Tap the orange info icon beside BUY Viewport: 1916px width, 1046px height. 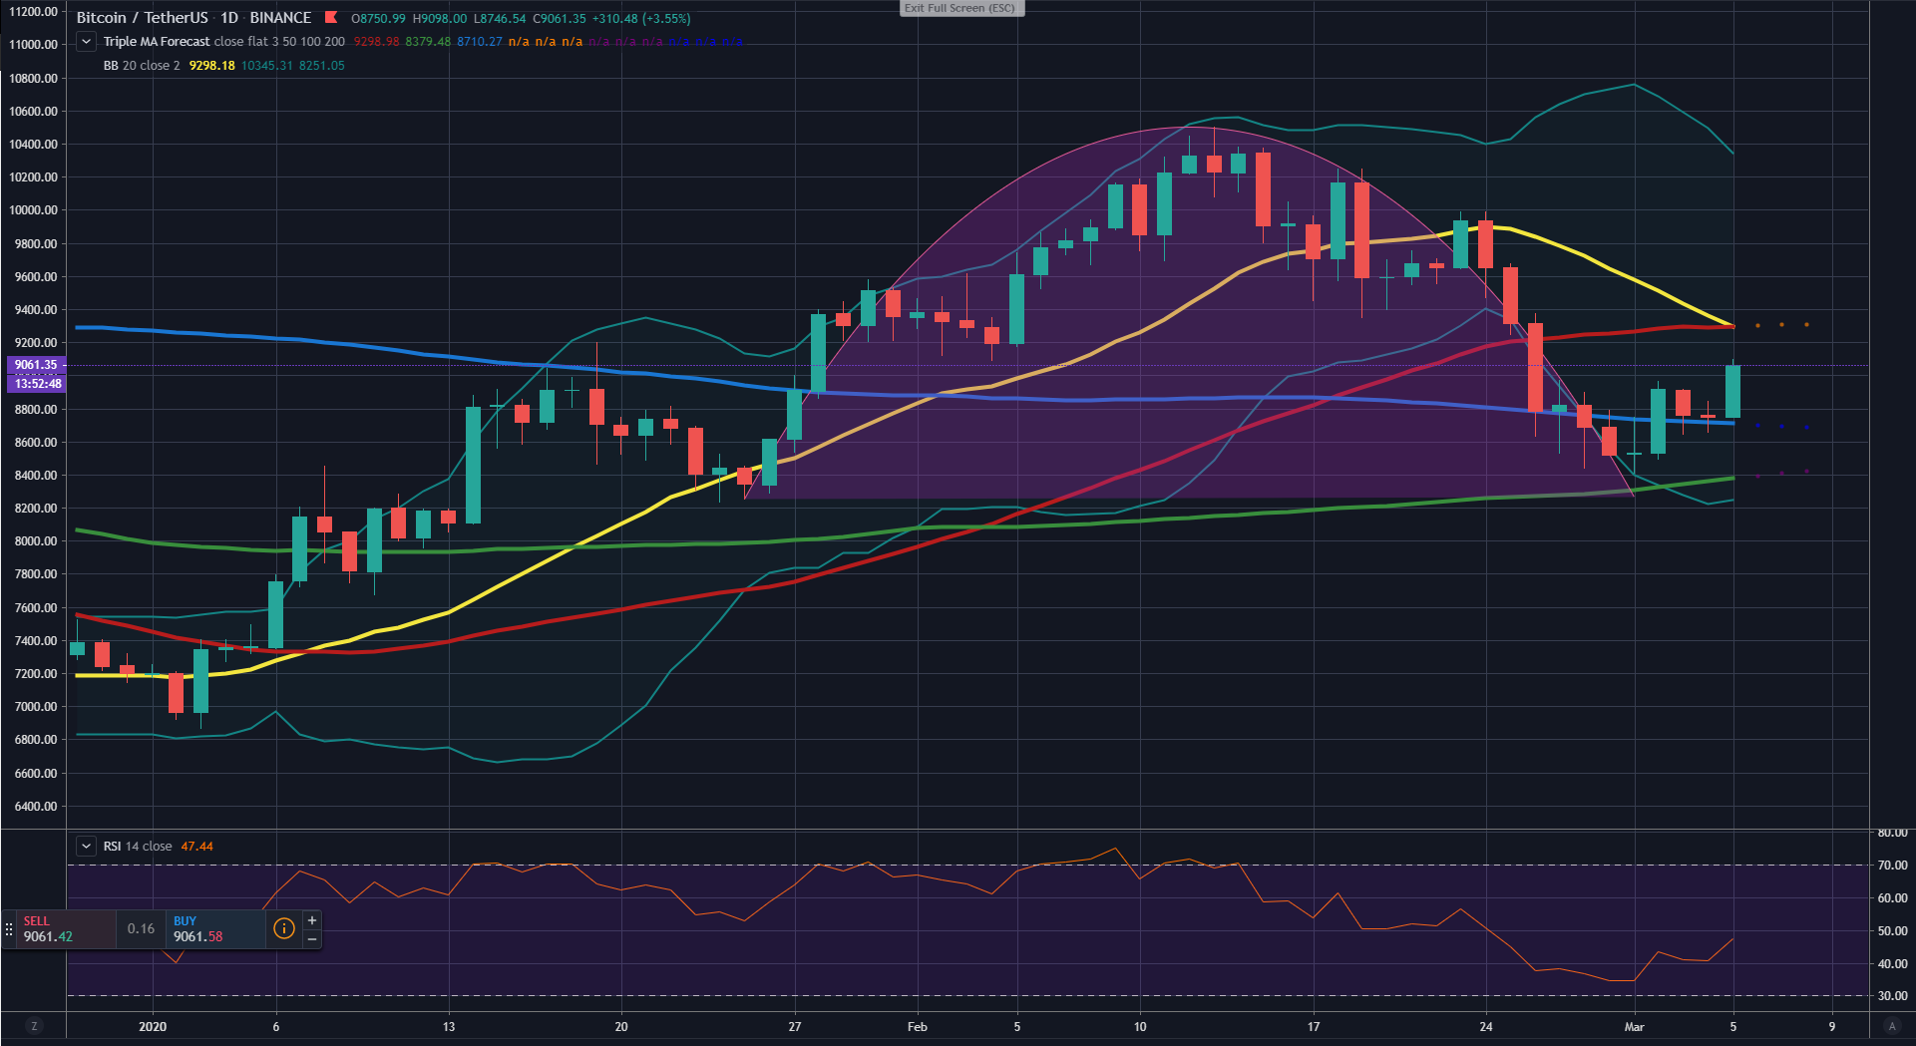click(284, 928)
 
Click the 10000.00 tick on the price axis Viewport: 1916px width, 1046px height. click(33, 210)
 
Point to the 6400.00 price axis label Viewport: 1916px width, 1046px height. click(33, 807)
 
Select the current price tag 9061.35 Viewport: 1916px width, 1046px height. click(36, 365)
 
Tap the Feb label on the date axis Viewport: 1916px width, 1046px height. click(917, 1027)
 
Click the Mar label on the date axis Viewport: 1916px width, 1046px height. click(1634, 1027)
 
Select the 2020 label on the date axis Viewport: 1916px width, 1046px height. click(153, 1027)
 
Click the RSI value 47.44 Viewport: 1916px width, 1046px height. click(196, 847)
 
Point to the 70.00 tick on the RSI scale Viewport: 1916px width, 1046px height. click(1892, 866)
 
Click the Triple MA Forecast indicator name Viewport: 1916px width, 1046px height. click(157, 42)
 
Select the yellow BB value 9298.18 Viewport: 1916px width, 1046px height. click(211, 66)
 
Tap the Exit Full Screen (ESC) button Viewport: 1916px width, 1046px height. click(960, 8)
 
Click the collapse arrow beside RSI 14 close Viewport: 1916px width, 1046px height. click(87, 847)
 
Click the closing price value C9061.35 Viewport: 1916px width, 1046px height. click(560, 19)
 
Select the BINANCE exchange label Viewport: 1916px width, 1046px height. click(280, 18)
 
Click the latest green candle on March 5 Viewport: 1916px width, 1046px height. click(1732, 391)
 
